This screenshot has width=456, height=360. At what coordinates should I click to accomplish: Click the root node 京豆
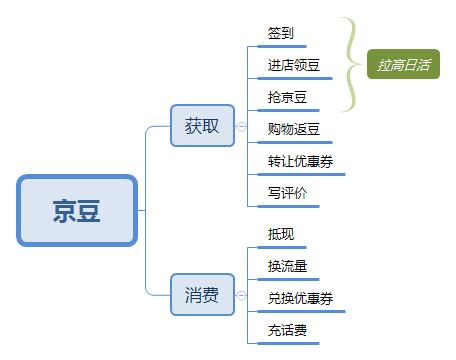click(x=76, y=211)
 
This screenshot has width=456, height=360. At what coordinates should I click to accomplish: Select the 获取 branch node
click(x=202, y=126)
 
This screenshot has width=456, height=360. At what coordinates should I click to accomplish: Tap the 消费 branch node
click(x=202, y=295)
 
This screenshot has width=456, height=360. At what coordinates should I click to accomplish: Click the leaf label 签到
click(x=281, y=33)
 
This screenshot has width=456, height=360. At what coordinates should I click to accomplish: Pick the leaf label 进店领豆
click(x=294, y=66)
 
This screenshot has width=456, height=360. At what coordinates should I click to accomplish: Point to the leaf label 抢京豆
click(x=287, y=98)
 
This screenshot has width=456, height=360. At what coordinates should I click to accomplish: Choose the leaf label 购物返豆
click(x=294, y=130)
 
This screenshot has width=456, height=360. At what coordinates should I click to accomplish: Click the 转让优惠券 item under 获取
click(x=300, y=162)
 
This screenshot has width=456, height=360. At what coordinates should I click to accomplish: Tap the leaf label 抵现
click(x=281, y=234)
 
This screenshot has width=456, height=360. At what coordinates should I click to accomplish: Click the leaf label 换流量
click(x=287, y=266)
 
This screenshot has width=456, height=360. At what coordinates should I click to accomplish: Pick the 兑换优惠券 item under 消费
click(x=300, y=298)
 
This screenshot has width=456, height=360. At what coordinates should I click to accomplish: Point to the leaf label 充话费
click(x=287, y=330)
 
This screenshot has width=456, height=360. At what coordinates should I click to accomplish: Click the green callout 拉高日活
click(x=404, y=65)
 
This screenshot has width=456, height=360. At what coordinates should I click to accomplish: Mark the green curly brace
click(x=350, y=64)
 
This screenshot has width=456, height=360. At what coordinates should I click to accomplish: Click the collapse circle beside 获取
click(x=241, y=126)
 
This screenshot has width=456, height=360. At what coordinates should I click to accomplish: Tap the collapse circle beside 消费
click(x=241, y=295)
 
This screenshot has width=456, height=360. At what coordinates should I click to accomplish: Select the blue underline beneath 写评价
click(x=288, y=207)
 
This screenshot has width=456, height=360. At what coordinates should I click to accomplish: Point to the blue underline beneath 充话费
click(x=288, y=344)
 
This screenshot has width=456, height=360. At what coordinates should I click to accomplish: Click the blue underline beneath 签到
click(x=288, y=46)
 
